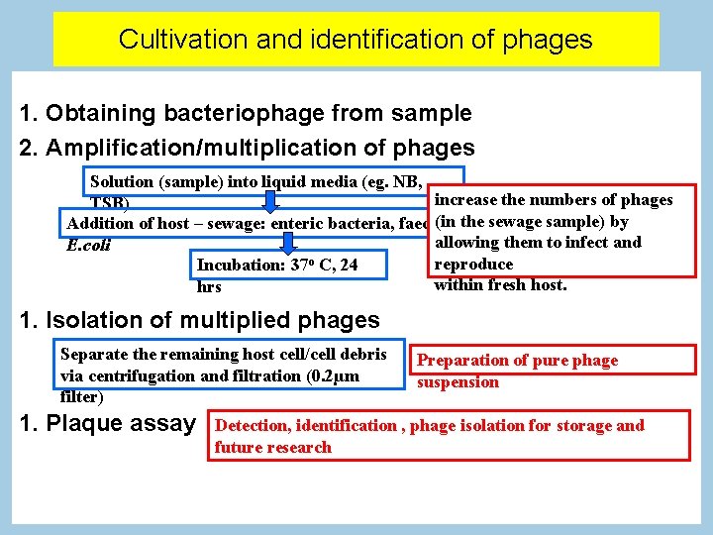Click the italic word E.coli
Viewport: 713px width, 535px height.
(88, 246)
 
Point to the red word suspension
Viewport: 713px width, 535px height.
(458, 382)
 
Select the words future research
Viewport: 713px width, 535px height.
(273, 448)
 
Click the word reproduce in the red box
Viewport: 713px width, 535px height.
(473, 264)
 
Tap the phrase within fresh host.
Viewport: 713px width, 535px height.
(500, 285)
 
